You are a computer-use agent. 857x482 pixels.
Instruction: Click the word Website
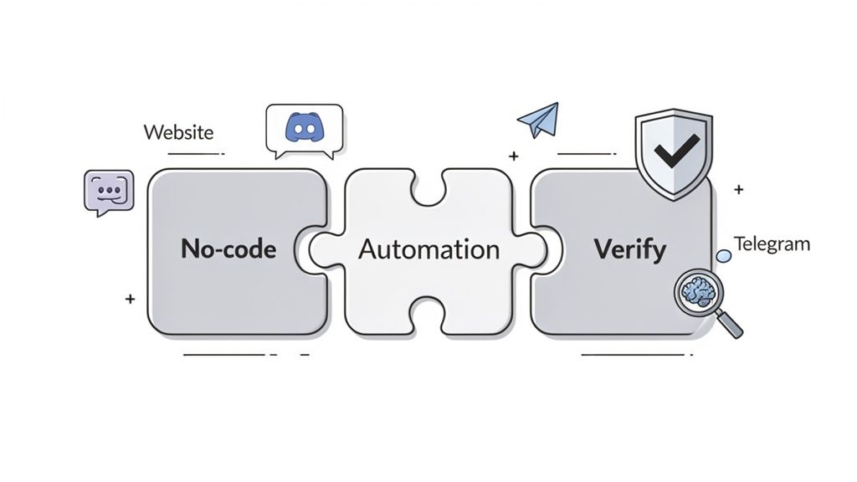coord(178,132)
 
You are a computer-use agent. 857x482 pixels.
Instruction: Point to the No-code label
coord(228,249)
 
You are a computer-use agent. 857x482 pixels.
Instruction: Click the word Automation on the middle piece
coord(428,249)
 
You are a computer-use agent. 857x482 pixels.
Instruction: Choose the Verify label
coord(630,249)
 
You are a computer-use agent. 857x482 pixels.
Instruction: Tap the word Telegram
coord(772,244)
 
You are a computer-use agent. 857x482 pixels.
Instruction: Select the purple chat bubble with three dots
coord(109,192)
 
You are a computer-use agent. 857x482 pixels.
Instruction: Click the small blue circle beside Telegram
coord(724,256)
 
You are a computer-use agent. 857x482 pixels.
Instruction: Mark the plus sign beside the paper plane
coord(513,156)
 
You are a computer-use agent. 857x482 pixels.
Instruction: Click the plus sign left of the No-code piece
coord(130,299)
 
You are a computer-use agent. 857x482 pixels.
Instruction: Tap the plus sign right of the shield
coord(738,190)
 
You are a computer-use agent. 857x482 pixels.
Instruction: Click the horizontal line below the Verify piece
coord(632,355)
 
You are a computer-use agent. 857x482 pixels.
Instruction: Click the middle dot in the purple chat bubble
coord(109,190)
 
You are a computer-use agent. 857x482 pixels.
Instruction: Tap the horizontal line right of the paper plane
coord(586,154)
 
